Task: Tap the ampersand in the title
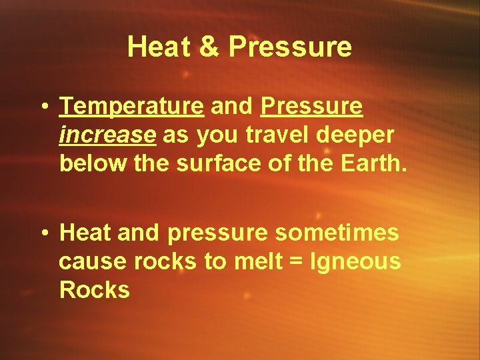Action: coord(206,47)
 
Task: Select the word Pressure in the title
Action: coord(289,47)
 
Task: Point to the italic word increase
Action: coord(107,135)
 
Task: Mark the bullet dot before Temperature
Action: coord(43,107)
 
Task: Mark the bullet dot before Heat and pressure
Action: coord(43,234)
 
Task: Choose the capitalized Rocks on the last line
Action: coord(94,290)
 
